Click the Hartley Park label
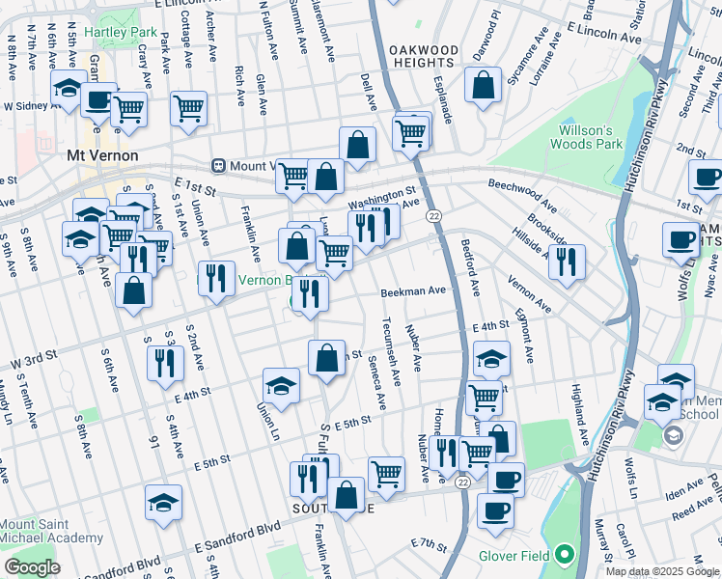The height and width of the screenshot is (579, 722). point(120,32)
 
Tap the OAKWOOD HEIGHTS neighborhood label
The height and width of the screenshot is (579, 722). point(423,56)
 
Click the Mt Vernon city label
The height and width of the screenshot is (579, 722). point(101,155)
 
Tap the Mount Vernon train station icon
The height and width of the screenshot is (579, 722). point(219,165)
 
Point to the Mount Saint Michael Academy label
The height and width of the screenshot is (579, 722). point(52,530)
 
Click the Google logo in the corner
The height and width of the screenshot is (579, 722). point(32,567)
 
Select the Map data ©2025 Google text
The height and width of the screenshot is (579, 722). point(661,571)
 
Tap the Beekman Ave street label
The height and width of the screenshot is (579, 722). point(412,290)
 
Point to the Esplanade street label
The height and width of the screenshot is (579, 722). point(443,98)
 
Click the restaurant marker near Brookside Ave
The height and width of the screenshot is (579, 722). point(567,261)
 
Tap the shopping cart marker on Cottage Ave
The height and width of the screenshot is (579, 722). point(188,108)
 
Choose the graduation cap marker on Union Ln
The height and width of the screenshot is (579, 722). point(281,386)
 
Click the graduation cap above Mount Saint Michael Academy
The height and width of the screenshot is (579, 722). point(163,501)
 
